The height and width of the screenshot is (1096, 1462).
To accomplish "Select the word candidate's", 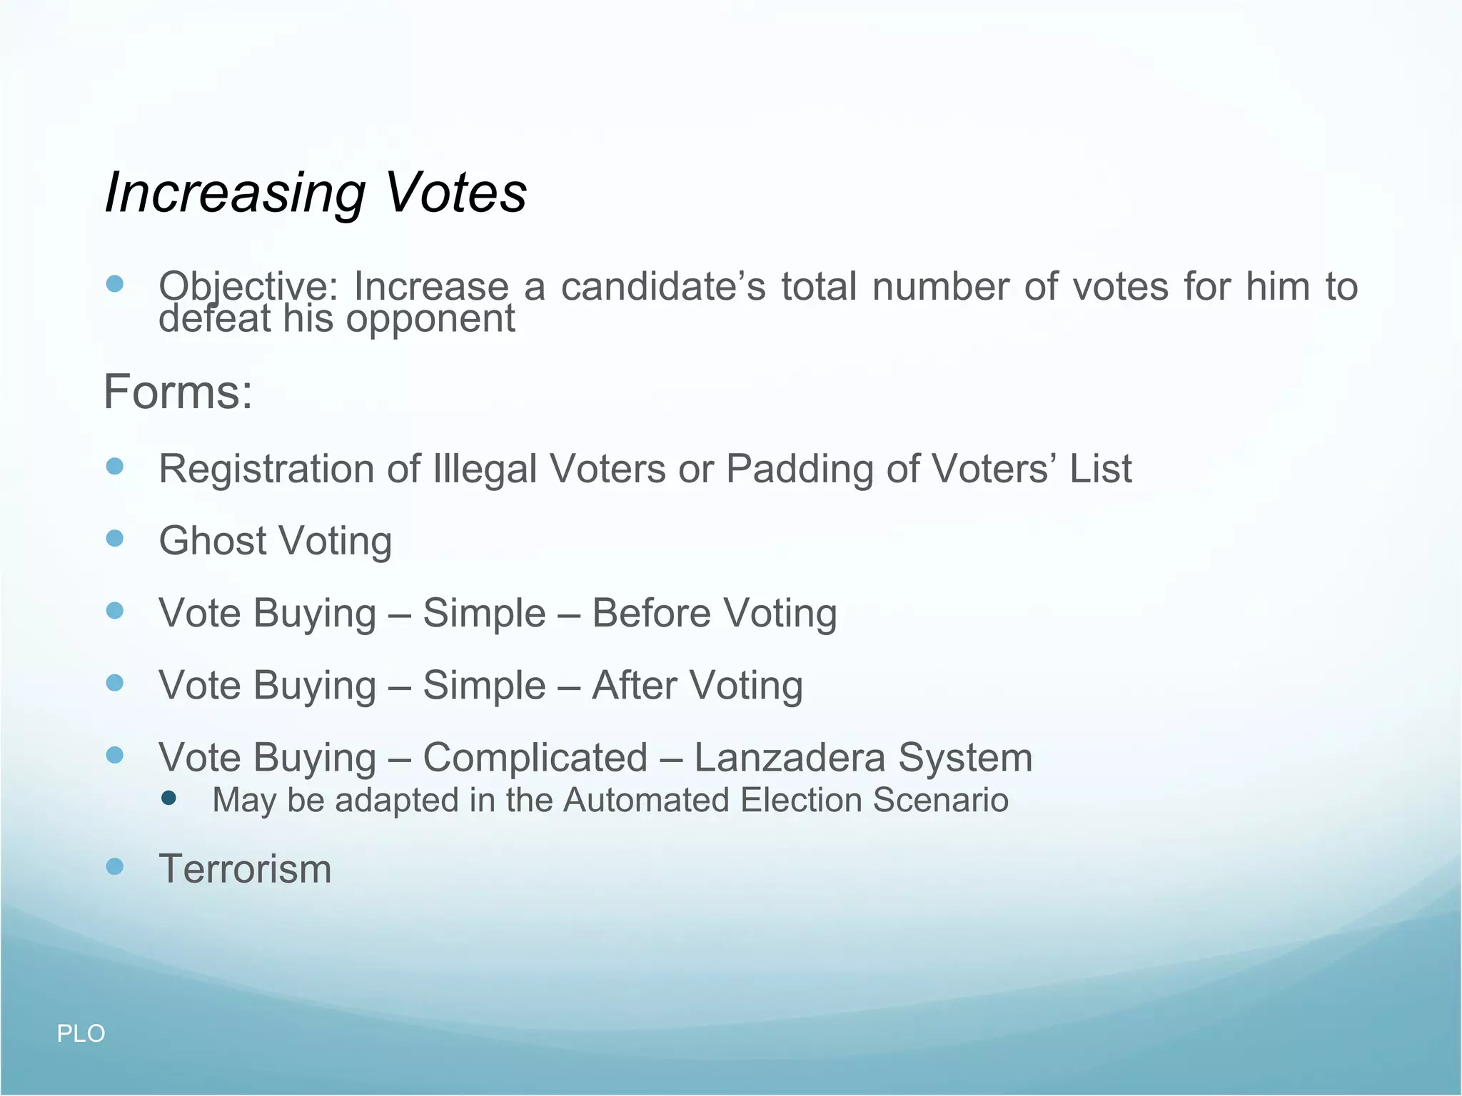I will click(663, 287).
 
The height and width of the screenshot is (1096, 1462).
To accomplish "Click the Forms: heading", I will click(178, 392).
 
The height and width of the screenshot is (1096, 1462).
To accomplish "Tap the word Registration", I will click(266, 470).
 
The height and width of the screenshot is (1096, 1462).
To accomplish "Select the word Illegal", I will click(485, 470).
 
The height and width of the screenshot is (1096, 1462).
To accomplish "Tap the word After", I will click(635, 686).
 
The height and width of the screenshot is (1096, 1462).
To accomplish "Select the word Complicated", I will click(535, 758).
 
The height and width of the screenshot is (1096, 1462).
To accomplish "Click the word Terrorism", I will click(245, 869).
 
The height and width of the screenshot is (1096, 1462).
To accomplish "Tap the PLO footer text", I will click(81, 1033).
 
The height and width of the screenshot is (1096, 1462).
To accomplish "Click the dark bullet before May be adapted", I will click(169, 798).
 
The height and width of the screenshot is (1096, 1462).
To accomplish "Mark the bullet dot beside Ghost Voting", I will click(114, 538).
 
